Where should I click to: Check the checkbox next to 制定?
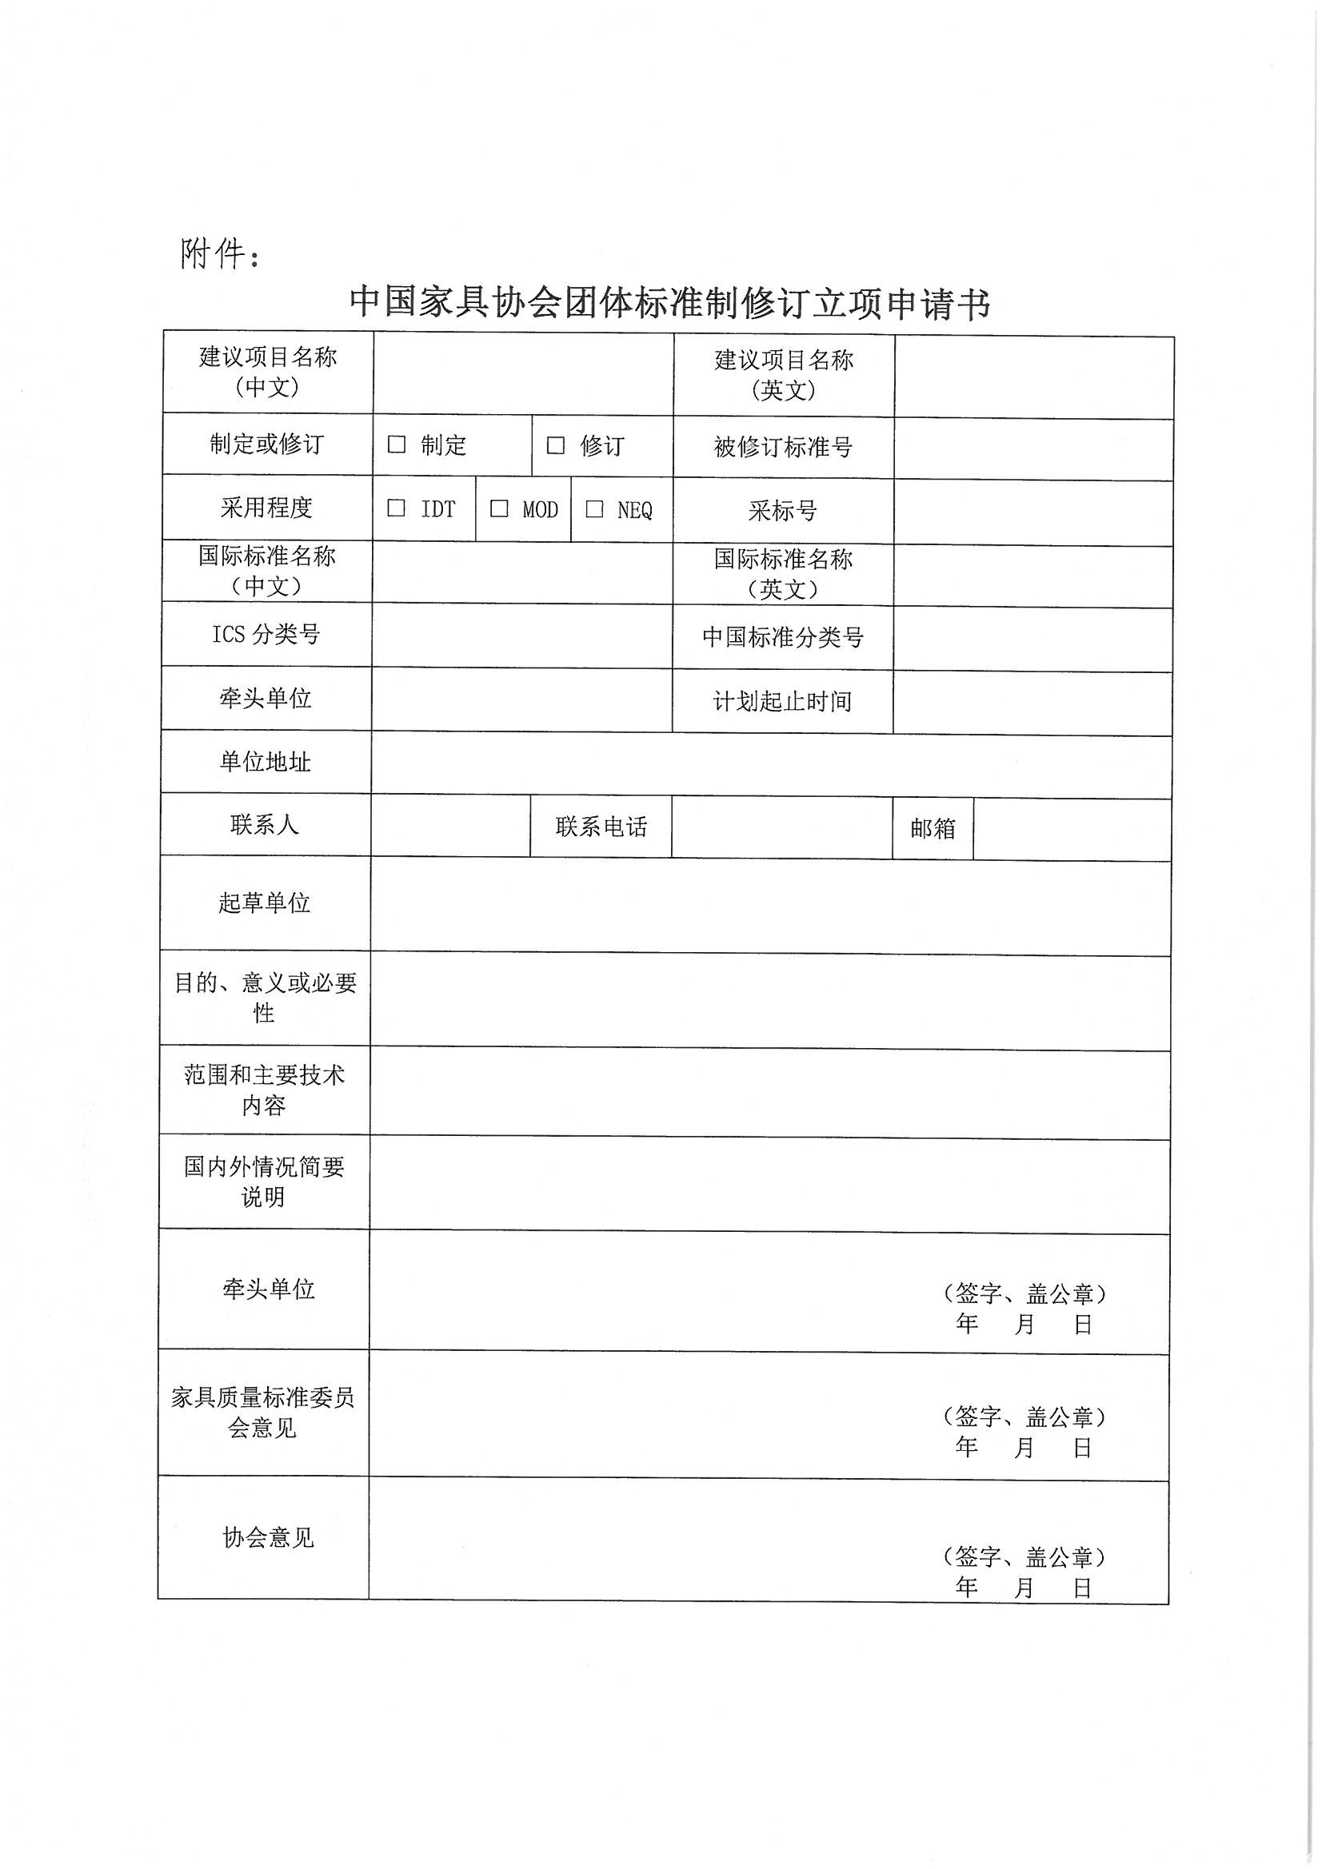click(397, 444)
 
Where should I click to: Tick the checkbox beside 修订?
click(556, 445)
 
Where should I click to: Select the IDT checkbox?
click(397, 508)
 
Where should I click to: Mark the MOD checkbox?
click(499, 508)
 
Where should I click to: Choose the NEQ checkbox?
click(594, 508)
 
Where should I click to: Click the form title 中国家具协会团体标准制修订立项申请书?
click(669, 303)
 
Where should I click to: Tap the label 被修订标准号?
click(783, 447)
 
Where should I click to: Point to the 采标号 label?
click(783, 510)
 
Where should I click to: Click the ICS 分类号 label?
click(266, 634)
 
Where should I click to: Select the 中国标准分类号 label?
click(783, 636)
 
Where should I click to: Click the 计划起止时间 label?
click(783, 701)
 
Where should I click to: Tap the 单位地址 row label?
click(266, 762)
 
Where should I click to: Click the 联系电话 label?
click(601, 827)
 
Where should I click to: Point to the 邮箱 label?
click(933, 829)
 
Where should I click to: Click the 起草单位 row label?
click(265, 903)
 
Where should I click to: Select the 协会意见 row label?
click(268, 1538)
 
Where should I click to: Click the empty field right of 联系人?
click(450, 826)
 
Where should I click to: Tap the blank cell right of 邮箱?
click(1072, 829)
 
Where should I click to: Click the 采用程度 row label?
click(266, 507)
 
